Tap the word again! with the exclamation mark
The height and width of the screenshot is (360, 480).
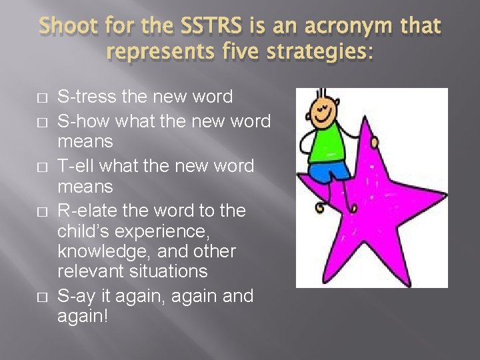coord(83,316)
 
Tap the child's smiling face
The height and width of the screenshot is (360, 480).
coord(326,107)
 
